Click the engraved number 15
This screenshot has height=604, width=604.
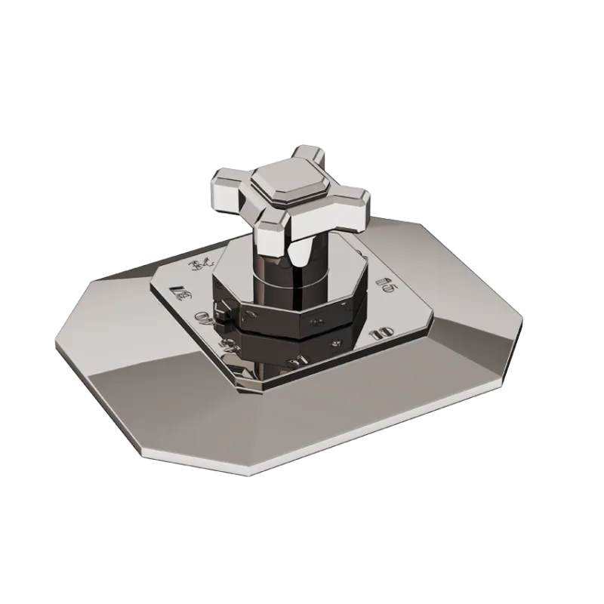tap(386, 285)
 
